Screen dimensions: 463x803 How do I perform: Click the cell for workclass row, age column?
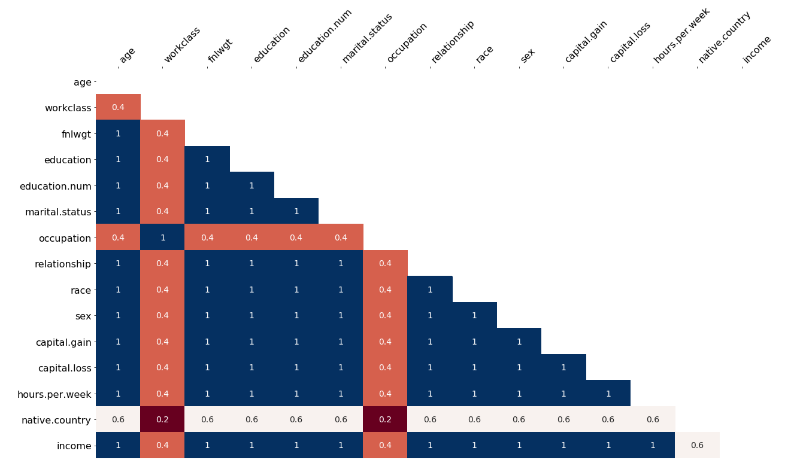coord(118,107)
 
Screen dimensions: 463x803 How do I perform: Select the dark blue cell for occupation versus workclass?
coord(162,237)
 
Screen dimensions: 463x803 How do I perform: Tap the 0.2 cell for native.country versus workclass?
coord(162,419)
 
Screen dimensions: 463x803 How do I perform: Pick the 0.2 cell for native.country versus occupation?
coord(385,419)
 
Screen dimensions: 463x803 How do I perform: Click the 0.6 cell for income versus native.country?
coord(697,445)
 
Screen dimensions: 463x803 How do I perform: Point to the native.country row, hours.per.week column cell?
coord(653,419)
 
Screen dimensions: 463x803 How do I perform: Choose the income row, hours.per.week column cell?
coord(653,445)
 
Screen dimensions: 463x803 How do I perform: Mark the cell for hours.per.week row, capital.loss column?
coord(608,393)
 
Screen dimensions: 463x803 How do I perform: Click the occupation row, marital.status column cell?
coord(341,237)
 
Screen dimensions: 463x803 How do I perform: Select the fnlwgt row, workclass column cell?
coord(162,133)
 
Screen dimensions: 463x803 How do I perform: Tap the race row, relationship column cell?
coord(430,290)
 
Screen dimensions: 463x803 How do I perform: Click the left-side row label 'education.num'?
coord(55,186)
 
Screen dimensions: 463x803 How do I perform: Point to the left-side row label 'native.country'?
coord(56,420)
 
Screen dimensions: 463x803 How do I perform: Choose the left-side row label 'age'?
coord(83,83)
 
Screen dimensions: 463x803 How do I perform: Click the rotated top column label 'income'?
coord(757,50)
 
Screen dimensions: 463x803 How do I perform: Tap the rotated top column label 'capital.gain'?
coord(586,42)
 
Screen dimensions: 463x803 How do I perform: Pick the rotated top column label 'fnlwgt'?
coord(220,51)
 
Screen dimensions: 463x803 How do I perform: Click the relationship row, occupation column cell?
coord(385,263)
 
